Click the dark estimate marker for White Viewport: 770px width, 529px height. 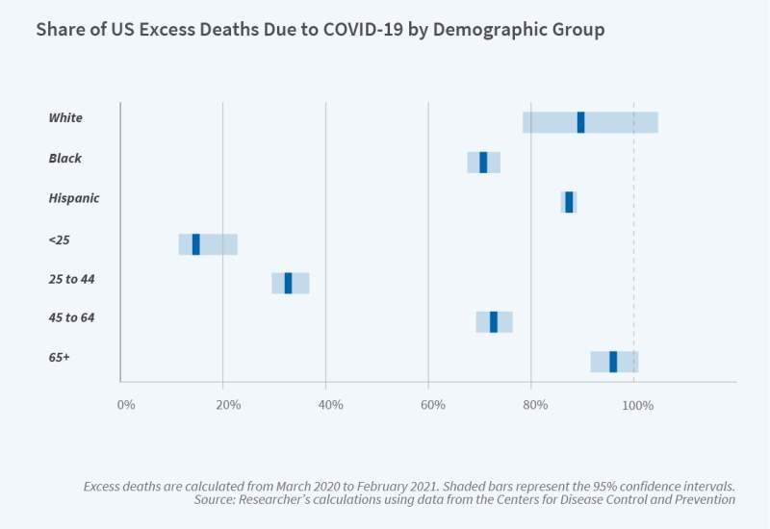[580, 122]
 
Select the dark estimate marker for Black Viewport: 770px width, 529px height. [483, 163]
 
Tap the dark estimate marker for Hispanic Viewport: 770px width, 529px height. [569, 202]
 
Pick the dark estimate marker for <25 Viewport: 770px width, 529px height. [195, 244]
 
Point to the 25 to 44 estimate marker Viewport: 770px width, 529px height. [288, 283]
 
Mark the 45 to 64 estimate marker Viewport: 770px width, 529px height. [494, 322]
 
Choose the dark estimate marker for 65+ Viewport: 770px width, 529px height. [613, 362]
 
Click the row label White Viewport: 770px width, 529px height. [65, 118]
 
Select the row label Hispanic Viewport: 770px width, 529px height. [74, 198]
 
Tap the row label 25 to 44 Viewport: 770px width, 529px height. [72, 279]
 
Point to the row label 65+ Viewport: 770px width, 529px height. [60, 358]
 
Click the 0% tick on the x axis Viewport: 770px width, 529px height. [126, 405]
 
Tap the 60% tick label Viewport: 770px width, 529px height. [433, 405]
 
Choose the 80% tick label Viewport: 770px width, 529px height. [535, 405]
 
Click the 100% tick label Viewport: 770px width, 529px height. [638, 405]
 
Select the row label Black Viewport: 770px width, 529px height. [65, 159]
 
